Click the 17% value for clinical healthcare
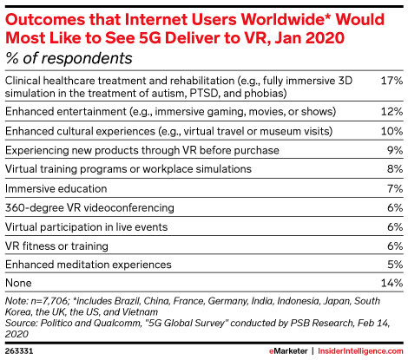392,81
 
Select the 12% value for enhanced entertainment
392,111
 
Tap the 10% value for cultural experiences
392,131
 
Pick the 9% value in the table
395,150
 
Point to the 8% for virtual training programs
395,169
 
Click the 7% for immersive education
395,188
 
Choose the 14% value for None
392,283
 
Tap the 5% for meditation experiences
395,265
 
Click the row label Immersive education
56,188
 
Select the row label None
18,283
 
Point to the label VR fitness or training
56,246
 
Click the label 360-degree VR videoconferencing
89,207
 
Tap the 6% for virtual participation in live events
395,227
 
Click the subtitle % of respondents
69,58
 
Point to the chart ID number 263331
19,351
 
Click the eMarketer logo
288,351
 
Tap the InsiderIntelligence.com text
360,351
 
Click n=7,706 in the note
49,301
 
